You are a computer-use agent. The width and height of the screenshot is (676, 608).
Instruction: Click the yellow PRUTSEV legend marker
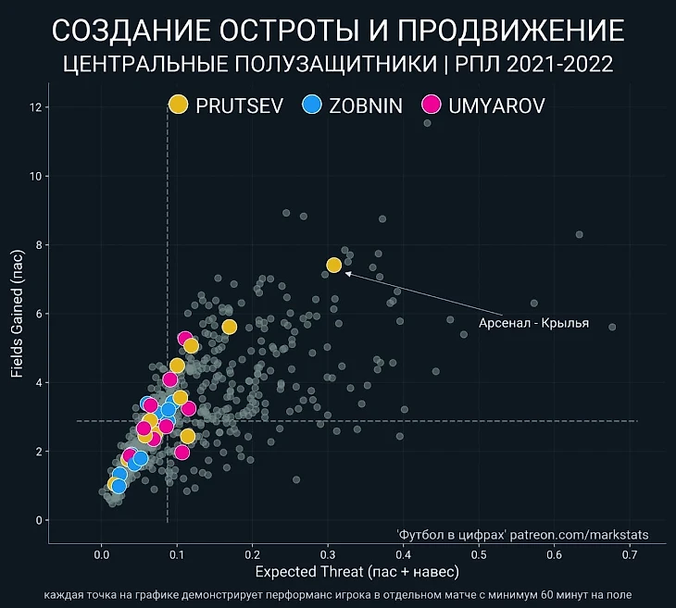point(179,105)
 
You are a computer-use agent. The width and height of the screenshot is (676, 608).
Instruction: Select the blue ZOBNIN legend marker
point(312,105)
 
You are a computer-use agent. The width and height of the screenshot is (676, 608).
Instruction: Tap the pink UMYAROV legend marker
point(431,105)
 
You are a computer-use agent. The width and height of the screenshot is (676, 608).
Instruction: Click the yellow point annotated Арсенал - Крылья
point(334,266)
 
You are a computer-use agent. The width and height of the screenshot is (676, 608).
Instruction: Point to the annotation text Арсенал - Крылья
point(533,324)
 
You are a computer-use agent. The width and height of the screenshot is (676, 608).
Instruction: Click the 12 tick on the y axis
point(36,107)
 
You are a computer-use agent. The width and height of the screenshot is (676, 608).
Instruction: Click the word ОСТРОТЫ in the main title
point(295,31)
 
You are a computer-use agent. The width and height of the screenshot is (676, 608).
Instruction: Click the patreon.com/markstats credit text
point(578,536)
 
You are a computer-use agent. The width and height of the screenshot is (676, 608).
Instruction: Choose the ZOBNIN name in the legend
point(366,105)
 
